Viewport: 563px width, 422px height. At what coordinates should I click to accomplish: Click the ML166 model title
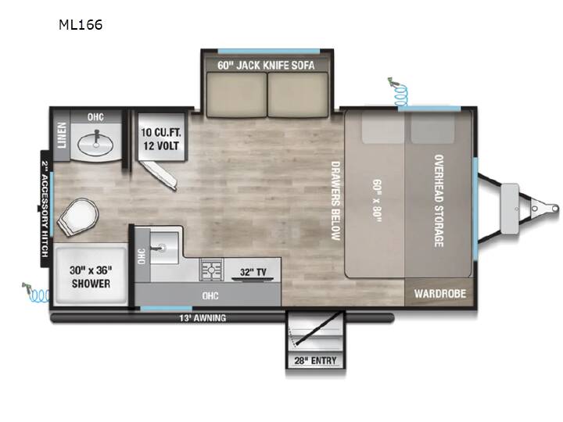click(x=81, y=25)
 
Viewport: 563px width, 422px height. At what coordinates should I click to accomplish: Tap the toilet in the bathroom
click(x=78, y=216)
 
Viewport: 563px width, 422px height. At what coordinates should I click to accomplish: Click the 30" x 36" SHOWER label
click(x=91, y=277)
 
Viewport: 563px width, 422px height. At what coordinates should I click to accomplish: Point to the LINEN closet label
click(x=62, y=135)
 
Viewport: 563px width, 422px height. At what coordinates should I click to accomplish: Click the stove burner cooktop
click(x=211, y=269)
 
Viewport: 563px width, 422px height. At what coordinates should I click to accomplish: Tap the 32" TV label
click(x=253, y=272)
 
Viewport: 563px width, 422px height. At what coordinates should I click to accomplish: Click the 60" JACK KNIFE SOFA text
click(x=266, y=66)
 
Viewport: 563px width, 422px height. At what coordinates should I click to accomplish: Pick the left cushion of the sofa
click(x=237, y=95)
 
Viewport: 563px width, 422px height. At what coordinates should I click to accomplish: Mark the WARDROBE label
click(x=440, y=294)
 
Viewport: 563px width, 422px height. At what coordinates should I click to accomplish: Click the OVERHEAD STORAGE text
click(x=439, y=201)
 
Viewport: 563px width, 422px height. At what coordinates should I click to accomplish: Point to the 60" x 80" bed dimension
click(x=377, y=201)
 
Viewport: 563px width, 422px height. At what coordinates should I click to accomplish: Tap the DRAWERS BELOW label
click(x=335, y=201)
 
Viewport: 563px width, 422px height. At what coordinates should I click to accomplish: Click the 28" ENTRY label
click(x=315, y=360)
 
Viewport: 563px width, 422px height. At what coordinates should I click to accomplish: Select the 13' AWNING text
click(x=203, y=318)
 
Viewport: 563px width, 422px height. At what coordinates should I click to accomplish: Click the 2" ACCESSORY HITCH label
click(x=45, y=209)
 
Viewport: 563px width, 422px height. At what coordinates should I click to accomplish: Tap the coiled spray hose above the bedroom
click(x=399, y=92)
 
